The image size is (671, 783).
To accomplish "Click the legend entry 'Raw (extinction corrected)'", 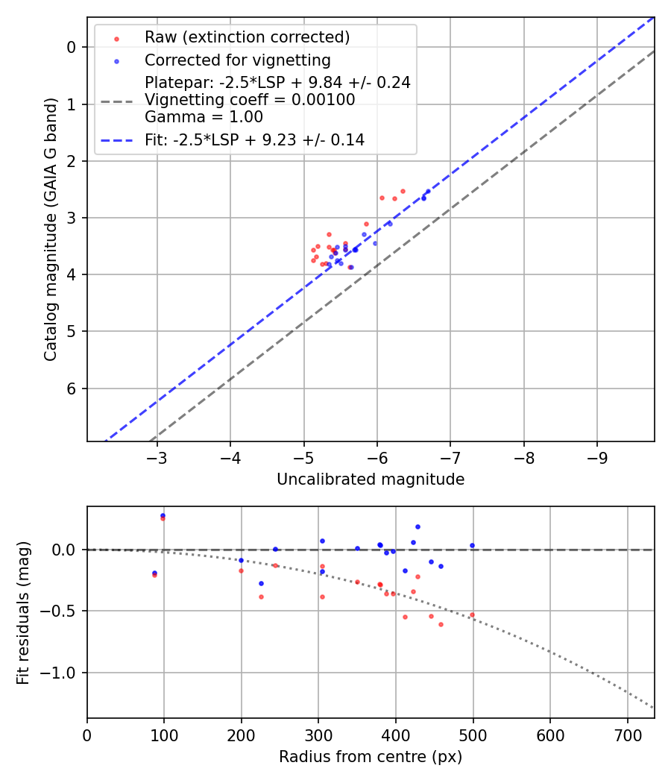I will (x=247, y=37).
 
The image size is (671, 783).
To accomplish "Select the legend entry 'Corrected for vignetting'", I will (x=237, y=60).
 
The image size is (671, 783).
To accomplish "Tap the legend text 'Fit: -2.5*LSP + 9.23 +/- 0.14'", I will (x=254, y=140).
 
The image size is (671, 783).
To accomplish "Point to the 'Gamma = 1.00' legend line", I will (x=204, y=117).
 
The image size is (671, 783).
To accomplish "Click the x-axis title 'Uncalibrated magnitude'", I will (x=371, y=479).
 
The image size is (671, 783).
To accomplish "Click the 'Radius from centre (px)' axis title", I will (x=371, y=757).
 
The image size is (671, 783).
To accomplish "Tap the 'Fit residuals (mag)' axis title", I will (x=24, y=612).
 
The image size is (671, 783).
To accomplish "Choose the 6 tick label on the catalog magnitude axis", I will (x=72, y=389).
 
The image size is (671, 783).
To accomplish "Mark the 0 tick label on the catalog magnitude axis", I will (x=72, y=47).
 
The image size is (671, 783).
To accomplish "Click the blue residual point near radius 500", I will (x=472, y=545).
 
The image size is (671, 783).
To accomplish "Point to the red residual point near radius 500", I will (x=472, y=615).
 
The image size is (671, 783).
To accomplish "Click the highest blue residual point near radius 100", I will (x=163, y=515).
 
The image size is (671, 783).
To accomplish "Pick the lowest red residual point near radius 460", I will (x=441, y=624).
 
